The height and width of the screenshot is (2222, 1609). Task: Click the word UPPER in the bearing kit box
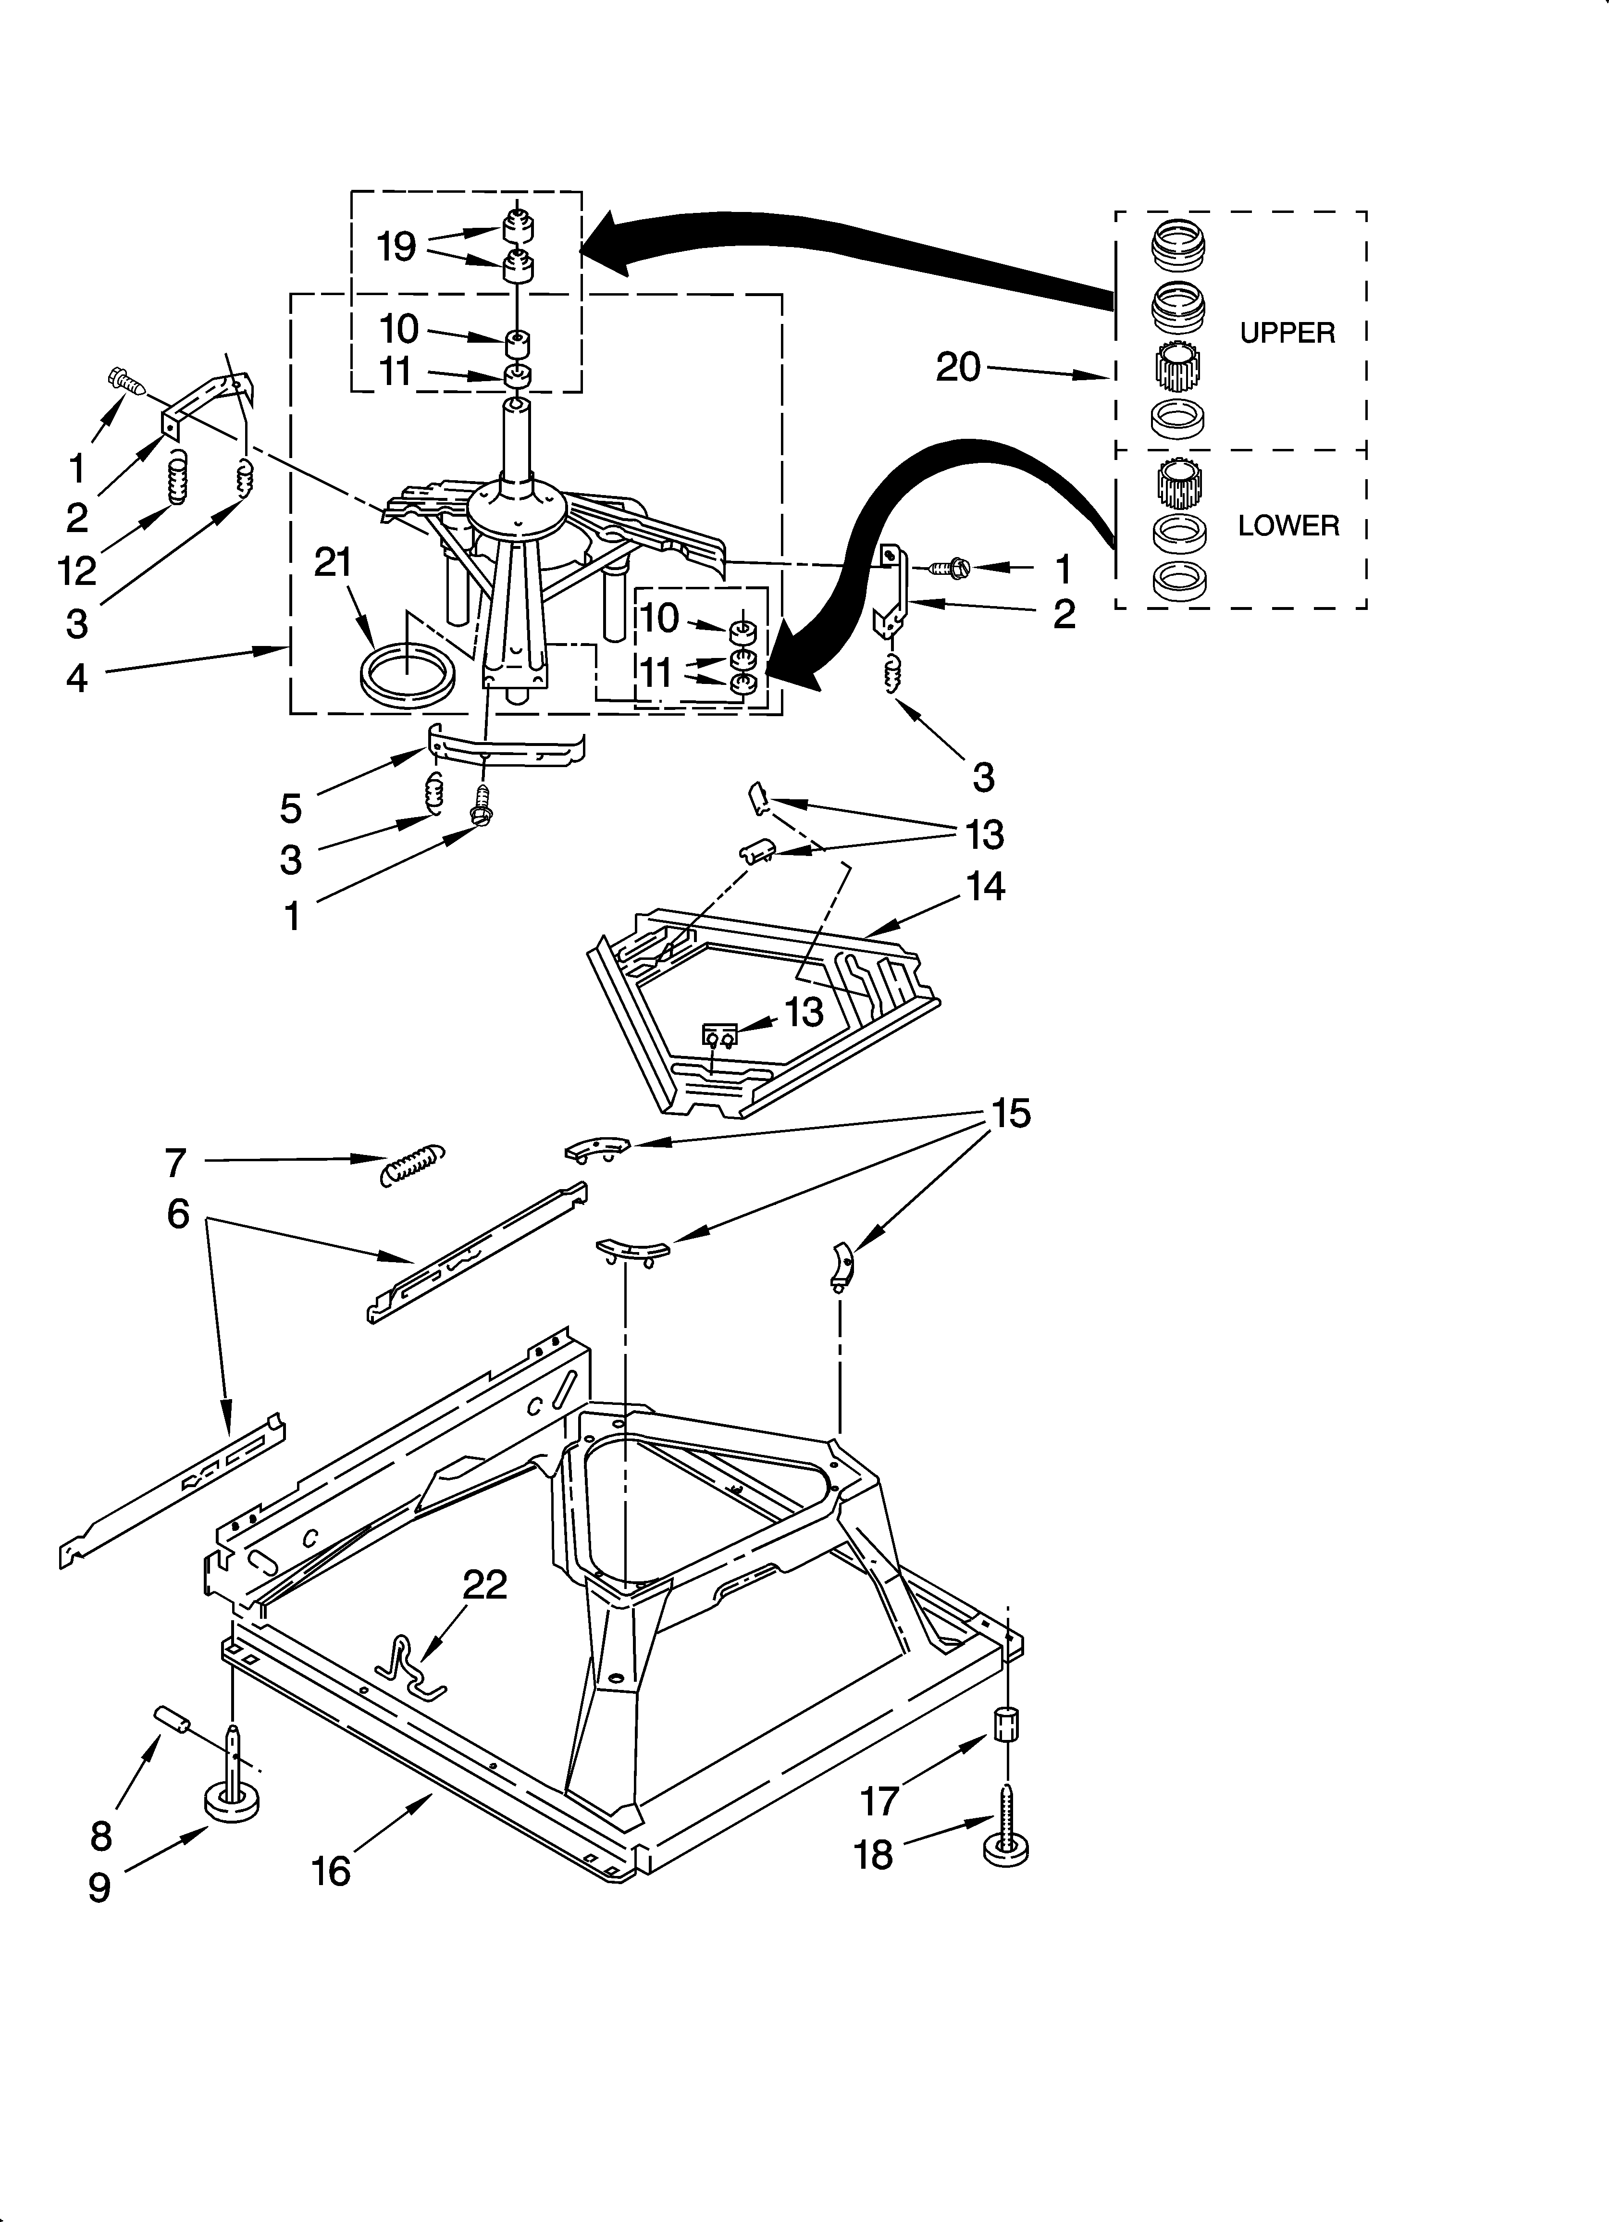1287,333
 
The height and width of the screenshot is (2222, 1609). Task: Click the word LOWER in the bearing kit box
1287,526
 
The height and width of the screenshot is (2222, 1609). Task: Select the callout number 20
957,367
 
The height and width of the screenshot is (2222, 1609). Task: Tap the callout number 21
333,562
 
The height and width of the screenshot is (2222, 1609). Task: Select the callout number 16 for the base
331,1871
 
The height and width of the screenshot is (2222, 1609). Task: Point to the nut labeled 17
1007,1725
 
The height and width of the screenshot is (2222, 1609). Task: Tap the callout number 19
397,247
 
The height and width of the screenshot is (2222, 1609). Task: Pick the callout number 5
291,808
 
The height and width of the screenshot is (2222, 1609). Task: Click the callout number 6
177,1214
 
